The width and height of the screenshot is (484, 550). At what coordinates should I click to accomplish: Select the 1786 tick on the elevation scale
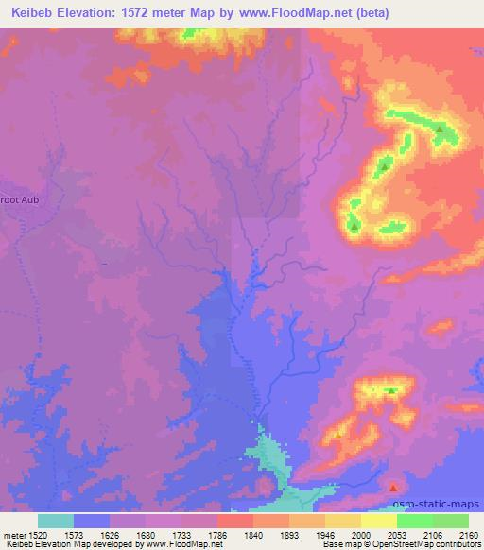tap(218, 534)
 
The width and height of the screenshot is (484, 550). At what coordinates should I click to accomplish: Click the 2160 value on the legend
tap(468, 534)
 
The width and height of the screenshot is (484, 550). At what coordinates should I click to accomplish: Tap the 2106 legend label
tap(432, 534)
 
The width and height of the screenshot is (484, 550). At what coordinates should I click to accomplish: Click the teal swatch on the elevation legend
tap(56, 520)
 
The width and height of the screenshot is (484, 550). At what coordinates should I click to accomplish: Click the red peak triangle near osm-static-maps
tap(393, 487)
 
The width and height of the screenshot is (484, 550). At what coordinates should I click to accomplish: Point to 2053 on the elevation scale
tap(396, 534)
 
